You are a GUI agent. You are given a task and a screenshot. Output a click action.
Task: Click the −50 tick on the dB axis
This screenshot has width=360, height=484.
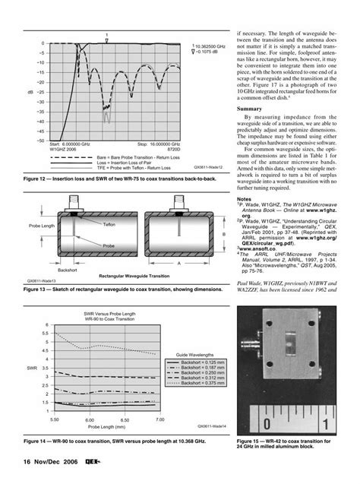[41, 141]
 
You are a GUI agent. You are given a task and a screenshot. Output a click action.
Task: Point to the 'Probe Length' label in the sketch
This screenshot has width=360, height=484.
[42, 227]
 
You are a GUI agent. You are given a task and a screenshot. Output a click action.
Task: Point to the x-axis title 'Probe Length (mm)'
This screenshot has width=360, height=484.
[106, 425]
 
